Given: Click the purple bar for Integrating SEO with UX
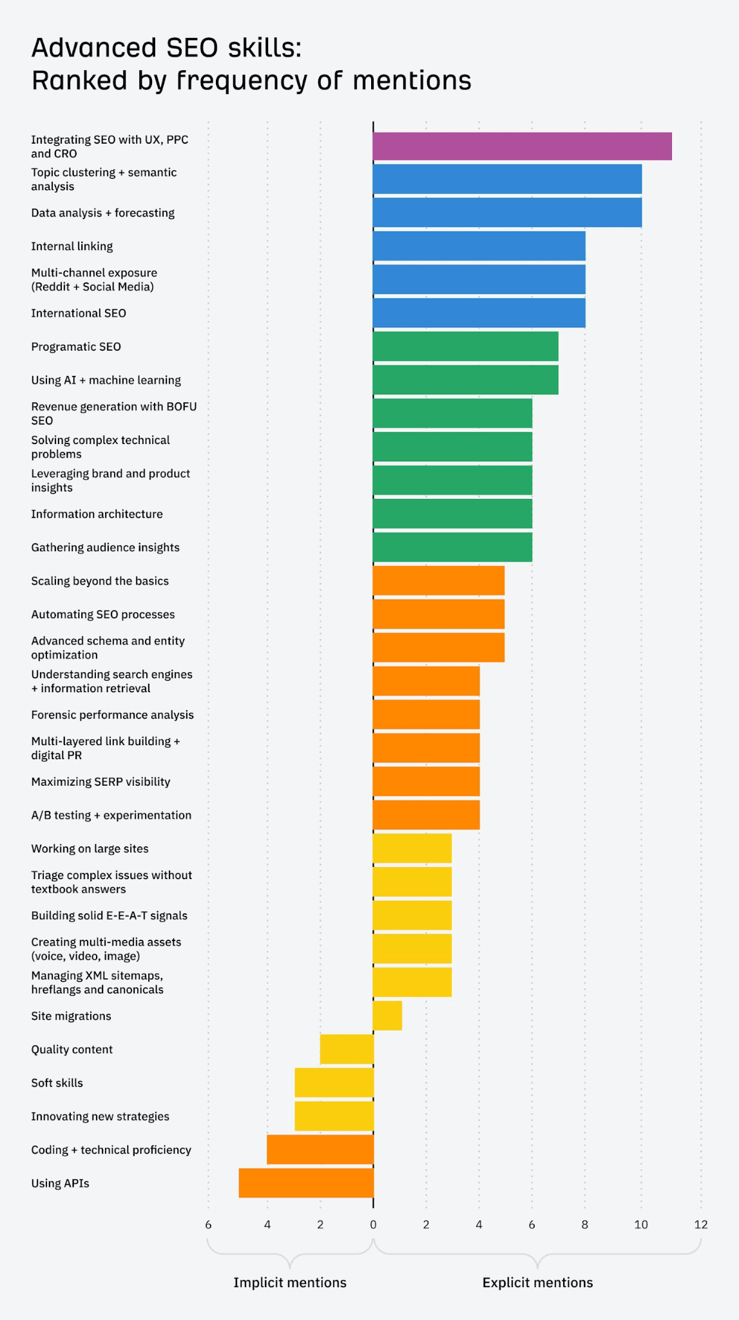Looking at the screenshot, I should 522,146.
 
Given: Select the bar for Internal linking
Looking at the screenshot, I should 479,246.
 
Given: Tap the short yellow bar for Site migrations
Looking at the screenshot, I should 387,1016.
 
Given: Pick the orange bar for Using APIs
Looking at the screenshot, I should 306,1183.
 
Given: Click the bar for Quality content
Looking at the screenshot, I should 347,1049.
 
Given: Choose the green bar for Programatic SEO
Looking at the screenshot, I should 465,346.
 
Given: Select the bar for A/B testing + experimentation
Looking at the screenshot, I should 426,815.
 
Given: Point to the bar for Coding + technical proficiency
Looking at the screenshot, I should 320,1149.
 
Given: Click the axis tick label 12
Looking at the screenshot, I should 700,1225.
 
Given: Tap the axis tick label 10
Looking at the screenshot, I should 641,1225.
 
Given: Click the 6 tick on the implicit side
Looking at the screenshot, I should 208,1225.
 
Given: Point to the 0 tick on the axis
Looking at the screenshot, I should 373,1225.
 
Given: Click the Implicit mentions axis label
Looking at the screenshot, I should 289,1283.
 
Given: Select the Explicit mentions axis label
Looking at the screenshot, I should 537,1283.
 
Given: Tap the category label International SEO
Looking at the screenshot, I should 79,313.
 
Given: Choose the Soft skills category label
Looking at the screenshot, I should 57,1083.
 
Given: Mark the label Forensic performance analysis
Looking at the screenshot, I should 112,715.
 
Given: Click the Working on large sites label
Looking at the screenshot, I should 90,849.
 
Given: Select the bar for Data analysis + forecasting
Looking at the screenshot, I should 507,213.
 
